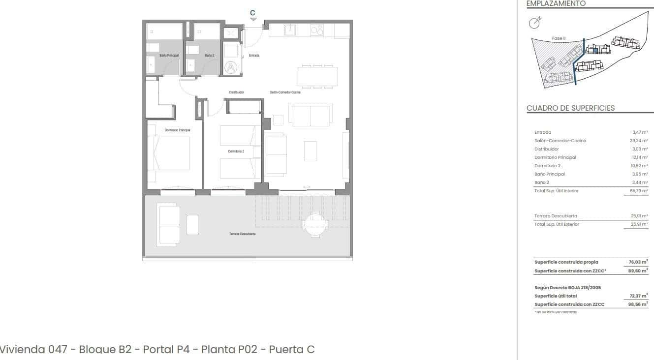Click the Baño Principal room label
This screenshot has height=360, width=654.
tap(169, 56)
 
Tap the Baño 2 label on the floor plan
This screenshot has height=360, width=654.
tap(209, 56)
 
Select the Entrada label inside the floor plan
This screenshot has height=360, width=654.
tap(254, 56)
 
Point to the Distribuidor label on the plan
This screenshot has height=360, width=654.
tap(237, 92)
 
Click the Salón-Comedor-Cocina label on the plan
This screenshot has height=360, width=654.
tap(285, 92)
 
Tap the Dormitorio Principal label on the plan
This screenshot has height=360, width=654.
tap(177, 130)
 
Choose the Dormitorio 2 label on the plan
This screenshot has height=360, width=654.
tap(236, 151)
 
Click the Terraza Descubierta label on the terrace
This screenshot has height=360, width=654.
tap(242, 234)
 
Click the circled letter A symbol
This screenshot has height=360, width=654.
tap(231, 67)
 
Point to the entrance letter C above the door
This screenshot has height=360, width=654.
tap(253, 13)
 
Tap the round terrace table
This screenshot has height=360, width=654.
tap(314, 224)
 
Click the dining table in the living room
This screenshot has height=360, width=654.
tap(317, 76)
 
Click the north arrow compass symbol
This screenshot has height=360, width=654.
tap(534, 22)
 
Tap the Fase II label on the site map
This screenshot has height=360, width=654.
tap(559, 38)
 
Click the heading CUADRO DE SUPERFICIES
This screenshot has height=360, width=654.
tap(570, 108)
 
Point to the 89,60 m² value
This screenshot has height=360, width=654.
tap(638, 270)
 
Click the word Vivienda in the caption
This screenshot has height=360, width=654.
tap(22, 349)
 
